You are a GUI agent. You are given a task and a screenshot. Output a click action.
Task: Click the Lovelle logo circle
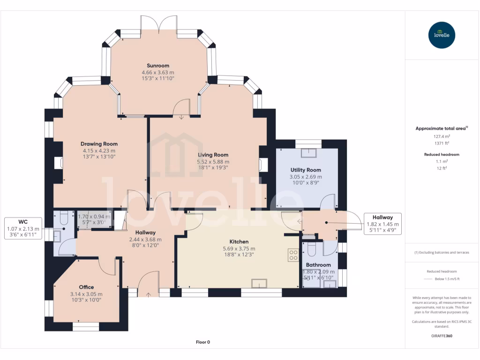(x=442, y=35)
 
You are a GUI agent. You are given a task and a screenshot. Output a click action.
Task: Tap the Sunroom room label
(x=158, y=66)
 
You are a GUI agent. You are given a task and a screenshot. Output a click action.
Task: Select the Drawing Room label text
(x=99, y=144)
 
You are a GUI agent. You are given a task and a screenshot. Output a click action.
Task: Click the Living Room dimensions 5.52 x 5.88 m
(x=213, y=162)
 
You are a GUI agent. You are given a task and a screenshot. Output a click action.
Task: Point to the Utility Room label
(x=306, y=170)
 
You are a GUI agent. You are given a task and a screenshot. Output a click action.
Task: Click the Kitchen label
(x=239, y=242)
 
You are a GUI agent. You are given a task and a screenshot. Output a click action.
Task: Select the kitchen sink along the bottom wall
(x=259, y=283)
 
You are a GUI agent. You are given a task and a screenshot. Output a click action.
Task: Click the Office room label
(x=86, y=287)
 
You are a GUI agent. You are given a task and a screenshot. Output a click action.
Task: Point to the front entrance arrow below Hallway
(x=149, y=295)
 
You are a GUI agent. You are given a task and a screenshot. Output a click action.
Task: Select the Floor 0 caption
(x=202, y=342)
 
